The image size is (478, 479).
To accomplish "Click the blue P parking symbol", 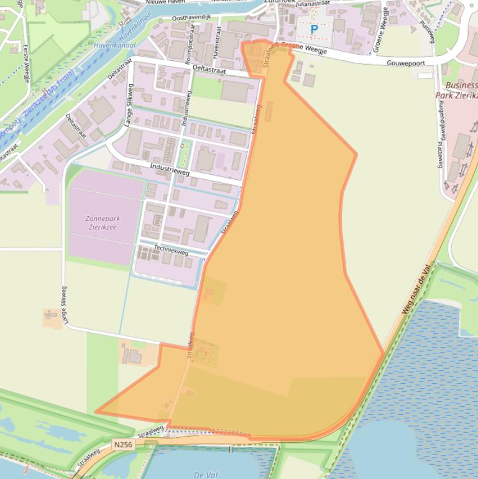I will coord(314,29).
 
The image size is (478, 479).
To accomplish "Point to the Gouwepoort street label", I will coord(404,63).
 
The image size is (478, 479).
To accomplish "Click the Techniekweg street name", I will coord(171,249).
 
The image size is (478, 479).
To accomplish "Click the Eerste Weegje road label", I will coord(26,63).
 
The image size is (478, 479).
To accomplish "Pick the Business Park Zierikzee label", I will coord(462,91).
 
